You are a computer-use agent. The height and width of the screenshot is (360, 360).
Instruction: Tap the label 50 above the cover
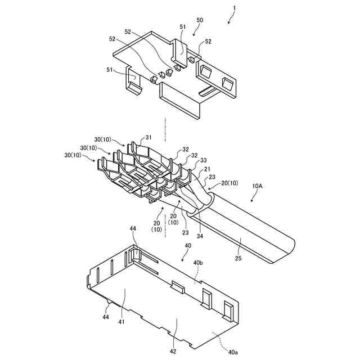200,20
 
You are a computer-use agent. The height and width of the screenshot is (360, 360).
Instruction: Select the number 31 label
148,138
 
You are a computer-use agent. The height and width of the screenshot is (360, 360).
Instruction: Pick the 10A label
258,185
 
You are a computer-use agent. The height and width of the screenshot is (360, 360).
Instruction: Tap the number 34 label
200,236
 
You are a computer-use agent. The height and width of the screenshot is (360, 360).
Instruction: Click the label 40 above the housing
188,246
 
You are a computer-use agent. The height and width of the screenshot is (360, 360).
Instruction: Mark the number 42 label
173,351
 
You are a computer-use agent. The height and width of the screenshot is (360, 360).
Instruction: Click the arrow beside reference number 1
229,19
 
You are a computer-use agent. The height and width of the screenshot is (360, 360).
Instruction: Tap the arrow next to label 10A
253,196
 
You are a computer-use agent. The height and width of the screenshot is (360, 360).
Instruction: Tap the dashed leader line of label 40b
196,274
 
